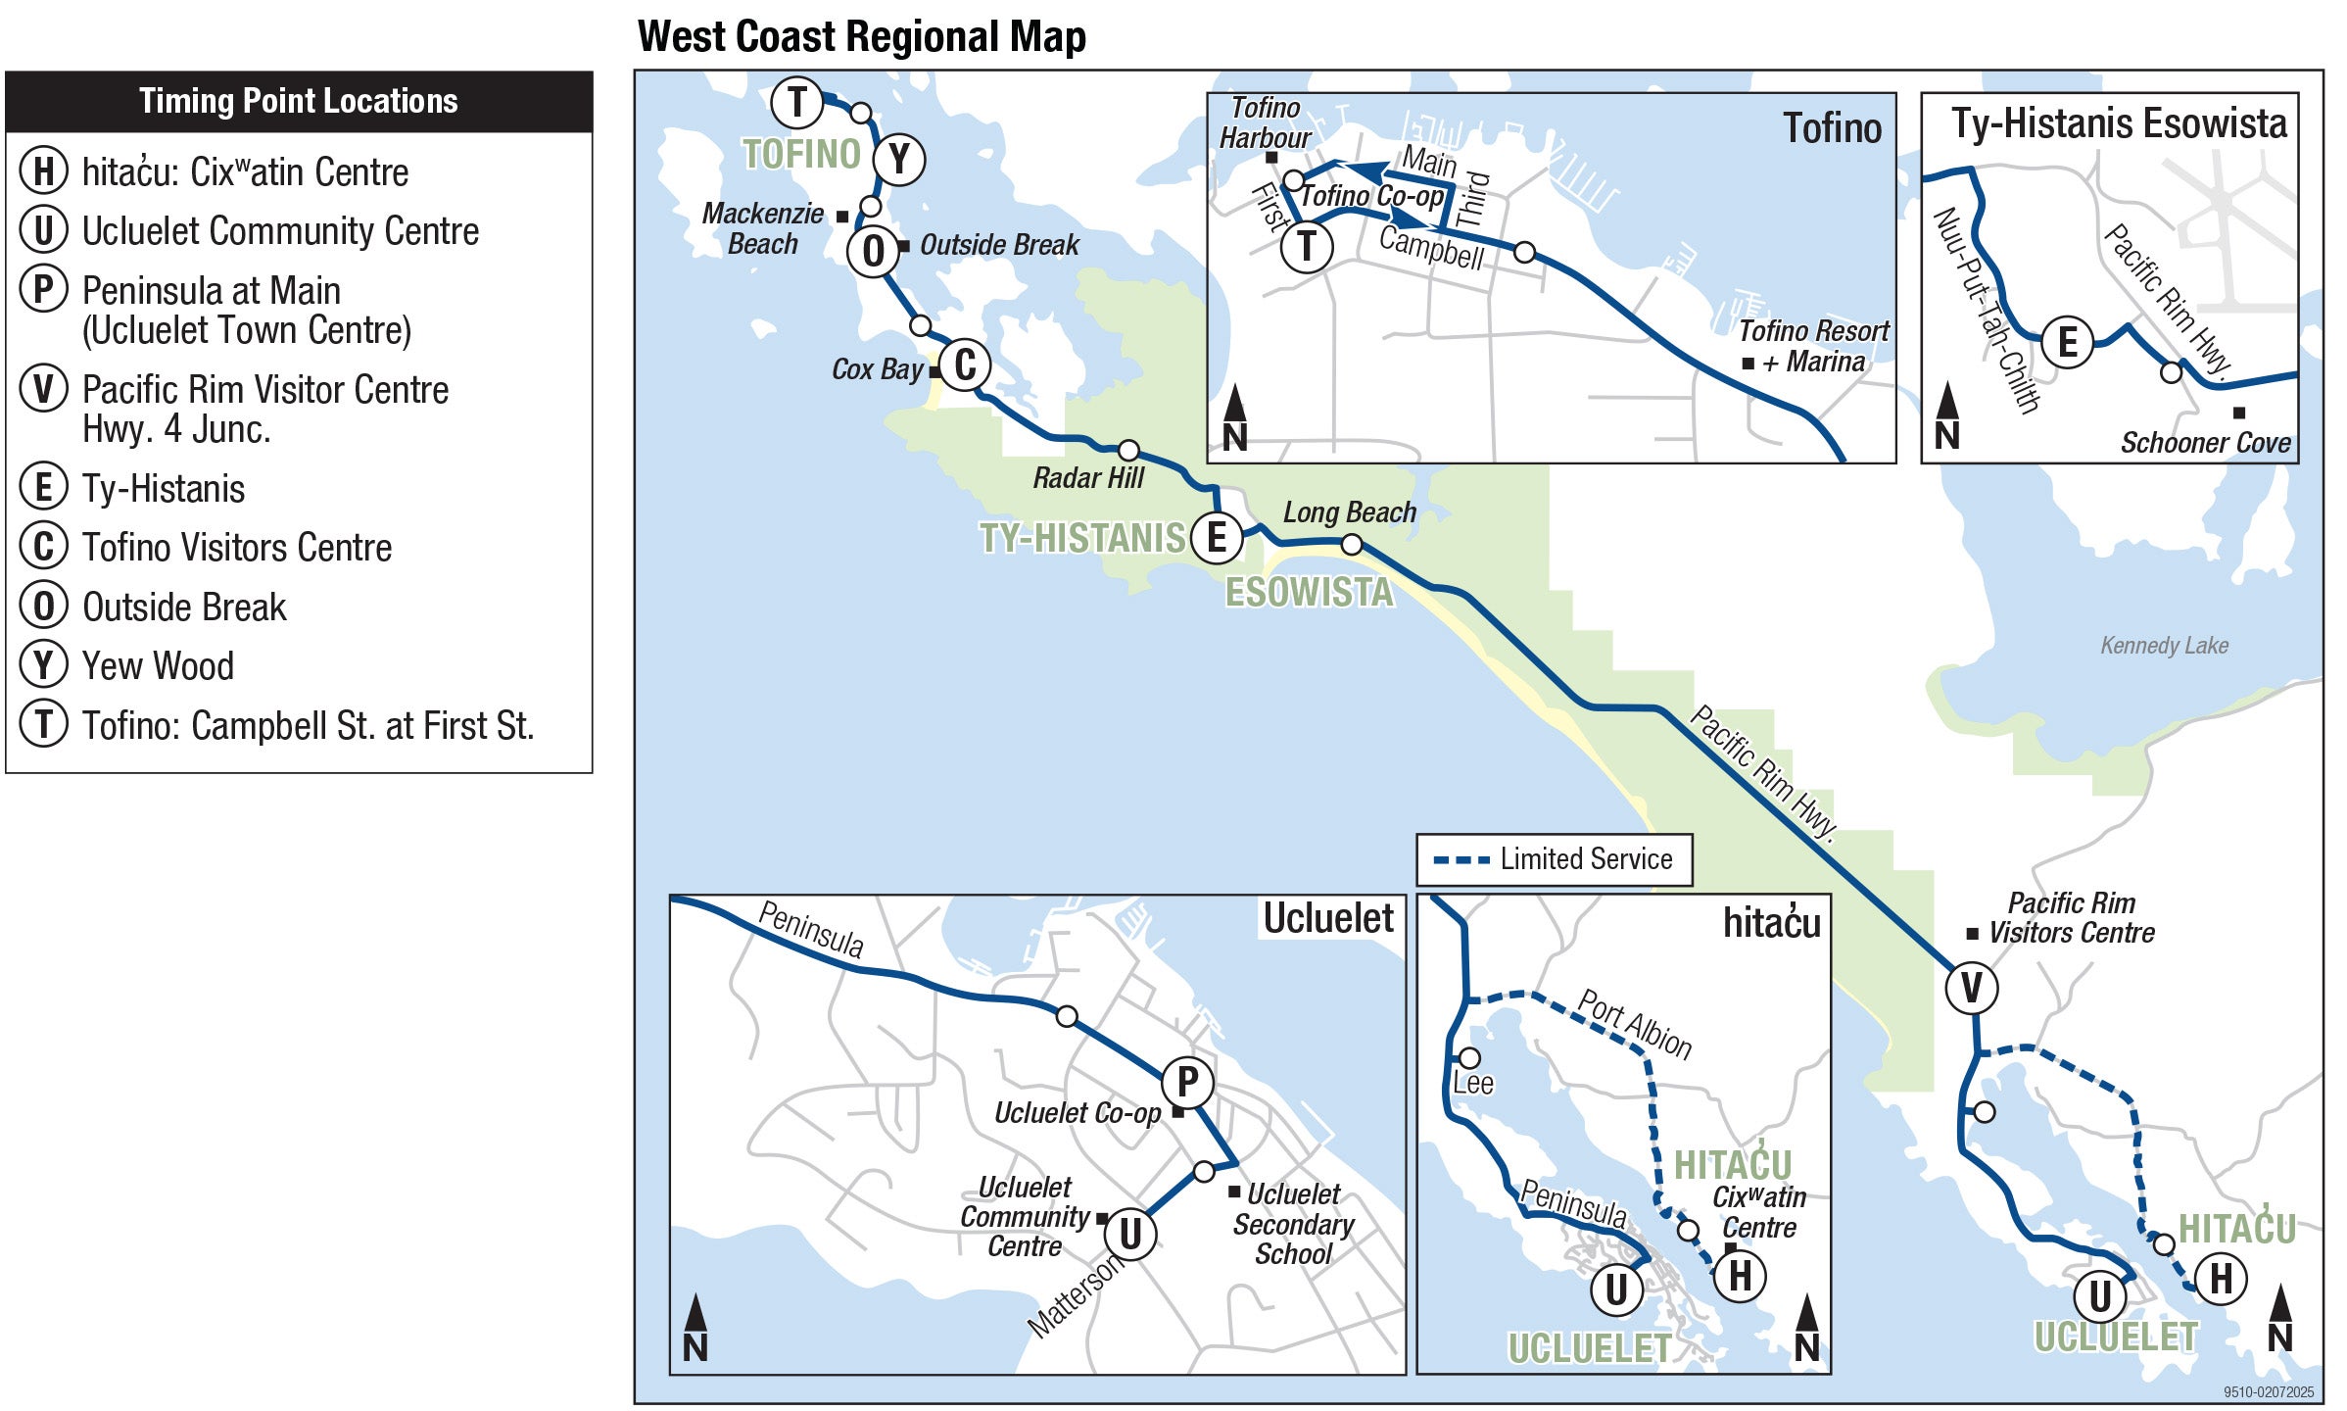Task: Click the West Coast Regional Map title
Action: [861, 37]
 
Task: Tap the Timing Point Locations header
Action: [299, 101]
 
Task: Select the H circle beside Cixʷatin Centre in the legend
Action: [43, 170]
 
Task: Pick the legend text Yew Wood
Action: [158, 666]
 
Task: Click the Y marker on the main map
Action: [899, 159]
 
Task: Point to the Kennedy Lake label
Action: [2164, 646]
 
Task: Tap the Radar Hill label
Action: [1087, 478]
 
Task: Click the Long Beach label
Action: [1349, 512]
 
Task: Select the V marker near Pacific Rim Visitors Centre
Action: [1971, 987]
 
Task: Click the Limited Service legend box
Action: [1554, 859]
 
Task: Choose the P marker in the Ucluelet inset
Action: [1187, 1082]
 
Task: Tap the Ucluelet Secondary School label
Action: [1293, 1224]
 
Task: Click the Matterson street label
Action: [1076, 1295]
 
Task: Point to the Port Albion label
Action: [1635, 1024]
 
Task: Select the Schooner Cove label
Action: [2205, 443]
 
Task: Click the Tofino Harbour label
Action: [1265, 122]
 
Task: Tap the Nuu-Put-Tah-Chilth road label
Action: [1987, 310]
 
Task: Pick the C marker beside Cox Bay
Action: [965, 365]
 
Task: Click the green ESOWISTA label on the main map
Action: [1309, 592]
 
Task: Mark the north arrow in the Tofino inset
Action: [1234, 418]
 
